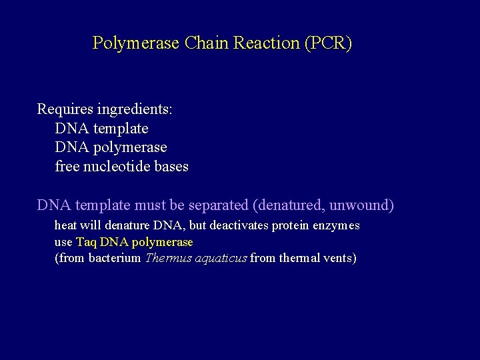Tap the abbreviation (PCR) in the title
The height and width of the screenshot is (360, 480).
coord(327,43)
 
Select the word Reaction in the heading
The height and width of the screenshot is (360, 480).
coord(266,43)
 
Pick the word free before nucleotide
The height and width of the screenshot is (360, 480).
coord(67,166)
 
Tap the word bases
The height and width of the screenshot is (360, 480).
coord(173,166)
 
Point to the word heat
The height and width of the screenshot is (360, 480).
coord(65,225)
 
